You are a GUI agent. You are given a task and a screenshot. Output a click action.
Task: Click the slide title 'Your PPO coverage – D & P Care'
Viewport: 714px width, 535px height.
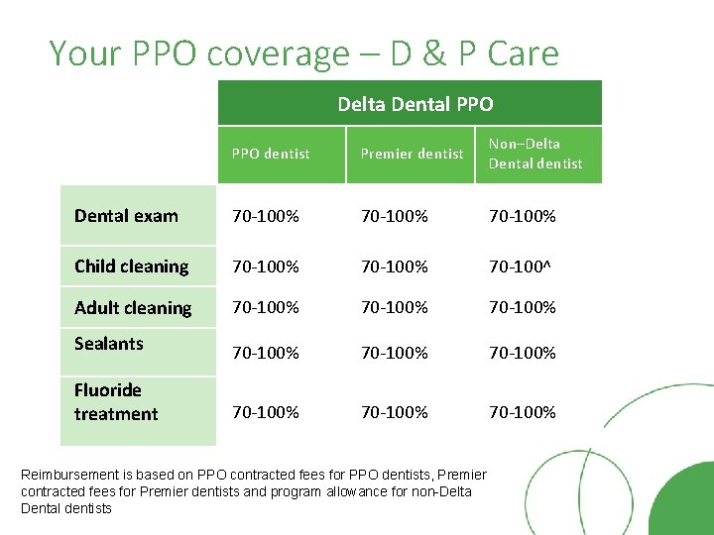(303, 53)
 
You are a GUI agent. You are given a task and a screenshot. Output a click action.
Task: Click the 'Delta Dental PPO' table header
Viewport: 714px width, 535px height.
(415, 104)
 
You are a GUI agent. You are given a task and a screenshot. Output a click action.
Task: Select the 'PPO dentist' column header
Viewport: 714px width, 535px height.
(271, 154)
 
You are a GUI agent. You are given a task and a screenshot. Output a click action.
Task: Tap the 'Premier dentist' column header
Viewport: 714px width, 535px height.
(412, 154)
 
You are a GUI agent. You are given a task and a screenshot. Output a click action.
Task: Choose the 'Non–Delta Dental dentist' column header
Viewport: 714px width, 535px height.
(535, 154)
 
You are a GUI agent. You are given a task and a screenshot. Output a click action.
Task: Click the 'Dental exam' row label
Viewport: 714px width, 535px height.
(127, 216)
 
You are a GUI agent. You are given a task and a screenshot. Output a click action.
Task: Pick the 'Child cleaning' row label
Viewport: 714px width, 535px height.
(131, 267)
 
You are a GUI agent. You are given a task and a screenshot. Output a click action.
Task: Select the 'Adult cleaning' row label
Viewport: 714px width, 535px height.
(133, 308)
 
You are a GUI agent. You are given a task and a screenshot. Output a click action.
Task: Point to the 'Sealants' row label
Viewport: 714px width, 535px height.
(109, 344)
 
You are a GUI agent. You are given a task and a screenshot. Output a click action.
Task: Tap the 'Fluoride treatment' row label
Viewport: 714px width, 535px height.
(115, 402)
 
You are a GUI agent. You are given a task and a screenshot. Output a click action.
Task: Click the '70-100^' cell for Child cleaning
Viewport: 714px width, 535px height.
(522, 267)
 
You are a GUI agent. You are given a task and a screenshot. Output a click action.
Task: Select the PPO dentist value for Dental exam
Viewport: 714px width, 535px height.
(266, 216)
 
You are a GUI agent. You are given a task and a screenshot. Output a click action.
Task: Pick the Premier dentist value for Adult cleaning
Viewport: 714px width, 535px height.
(395, 308)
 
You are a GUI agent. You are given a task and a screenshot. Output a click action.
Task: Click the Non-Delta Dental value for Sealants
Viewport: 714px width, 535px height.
(523, 353)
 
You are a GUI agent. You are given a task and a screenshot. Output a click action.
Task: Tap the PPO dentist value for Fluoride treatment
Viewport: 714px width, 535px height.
(266, 412)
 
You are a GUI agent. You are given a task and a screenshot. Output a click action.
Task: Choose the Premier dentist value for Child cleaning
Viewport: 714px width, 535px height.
(395, 267)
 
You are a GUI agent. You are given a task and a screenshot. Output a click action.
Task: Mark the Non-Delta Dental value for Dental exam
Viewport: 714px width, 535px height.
(523, 216)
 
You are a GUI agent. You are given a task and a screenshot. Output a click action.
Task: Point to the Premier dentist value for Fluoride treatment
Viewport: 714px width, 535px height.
(395, 412)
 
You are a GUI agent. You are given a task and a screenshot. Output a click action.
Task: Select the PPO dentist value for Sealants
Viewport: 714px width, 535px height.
(266, 353)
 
